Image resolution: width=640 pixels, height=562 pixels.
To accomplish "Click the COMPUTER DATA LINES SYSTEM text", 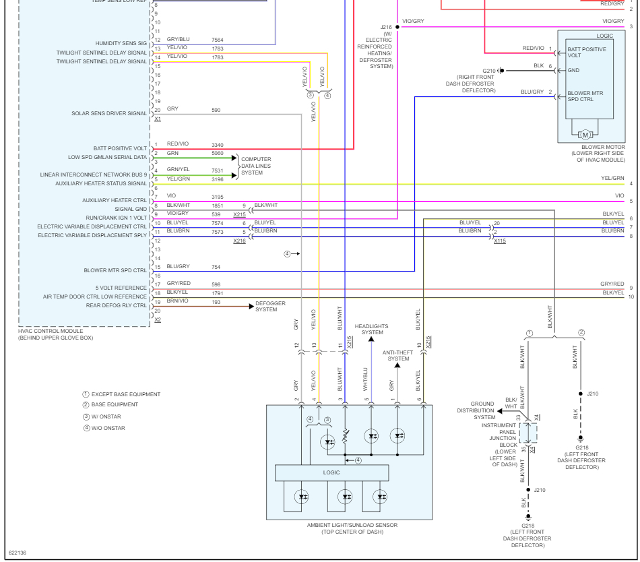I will click(x=256, y=166).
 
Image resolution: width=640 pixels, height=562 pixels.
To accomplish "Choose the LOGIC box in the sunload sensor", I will click(x=331, y=472).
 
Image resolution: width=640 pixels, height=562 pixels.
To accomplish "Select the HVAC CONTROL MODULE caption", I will click(x=57, y=334).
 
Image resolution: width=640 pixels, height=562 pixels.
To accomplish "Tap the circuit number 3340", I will click(x=217, y=145).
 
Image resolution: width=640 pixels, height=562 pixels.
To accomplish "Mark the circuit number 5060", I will click(x=217, y=154).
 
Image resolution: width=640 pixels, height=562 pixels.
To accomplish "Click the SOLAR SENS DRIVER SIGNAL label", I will click(x=109, y=113).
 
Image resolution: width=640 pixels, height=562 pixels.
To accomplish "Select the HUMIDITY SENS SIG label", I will click(x=121, y=42).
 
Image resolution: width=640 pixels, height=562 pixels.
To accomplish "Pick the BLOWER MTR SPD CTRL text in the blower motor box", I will click(x=590, y=96).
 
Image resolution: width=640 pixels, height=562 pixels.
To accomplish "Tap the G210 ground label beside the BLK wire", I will click(x=489, y=70).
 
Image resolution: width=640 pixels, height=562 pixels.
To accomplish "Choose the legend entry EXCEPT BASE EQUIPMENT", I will click(x=121, y=394).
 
